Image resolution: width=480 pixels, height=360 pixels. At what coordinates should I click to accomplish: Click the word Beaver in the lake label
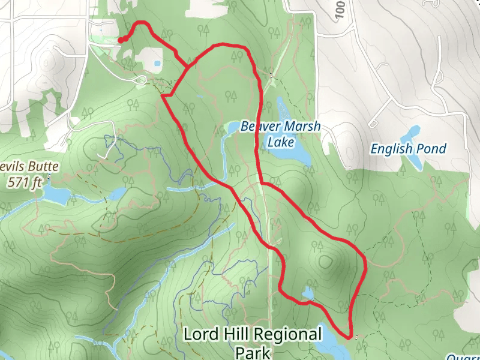pyautogui.click(x=259, y=127)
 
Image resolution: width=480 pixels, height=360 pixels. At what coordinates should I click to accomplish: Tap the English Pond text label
pyautogui.click(x=408, y=148)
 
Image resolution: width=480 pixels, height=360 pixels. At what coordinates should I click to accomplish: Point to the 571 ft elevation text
pyautogui.click(x=24, y=183)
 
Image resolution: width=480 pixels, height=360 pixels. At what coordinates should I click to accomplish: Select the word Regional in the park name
pyautogui.click(x=290, y=334)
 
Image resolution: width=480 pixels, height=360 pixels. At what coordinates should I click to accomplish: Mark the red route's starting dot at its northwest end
pyautogui.click(x=120, y=40)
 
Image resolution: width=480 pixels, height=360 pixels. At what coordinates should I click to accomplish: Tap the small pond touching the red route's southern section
pyautogui.click(x=308, y=293)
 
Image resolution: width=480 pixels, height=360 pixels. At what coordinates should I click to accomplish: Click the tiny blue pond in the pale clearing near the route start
pyautogui.click(x=157, y=63)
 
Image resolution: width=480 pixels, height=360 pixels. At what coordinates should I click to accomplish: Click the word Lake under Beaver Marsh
pyautogui.click(x=281, y=142)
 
